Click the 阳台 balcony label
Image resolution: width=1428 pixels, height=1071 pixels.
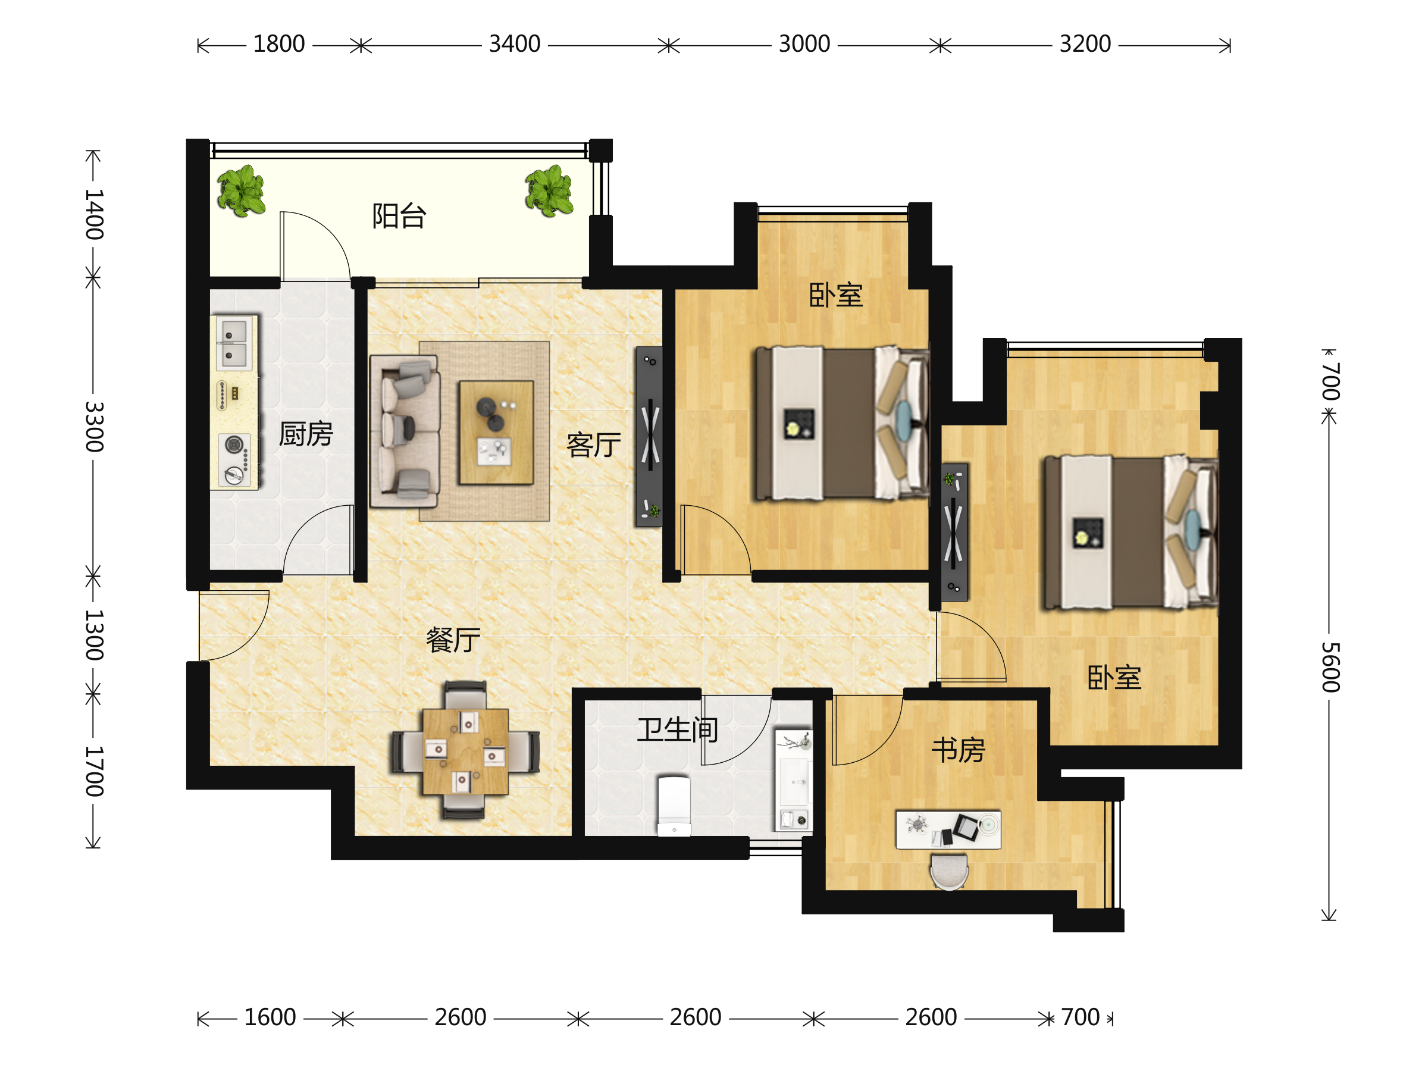point(399,216)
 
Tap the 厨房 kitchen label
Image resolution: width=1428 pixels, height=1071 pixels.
point(306,434)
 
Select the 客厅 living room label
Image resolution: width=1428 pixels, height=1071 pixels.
point(594,445)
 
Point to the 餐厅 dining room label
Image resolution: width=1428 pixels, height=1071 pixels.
point(453,640)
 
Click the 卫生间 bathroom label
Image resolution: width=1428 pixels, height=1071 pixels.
point(678,730)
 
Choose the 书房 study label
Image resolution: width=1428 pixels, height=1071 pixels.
point(959,750)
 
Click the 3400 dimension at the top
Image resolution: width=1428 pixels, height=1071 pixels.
point(515,44)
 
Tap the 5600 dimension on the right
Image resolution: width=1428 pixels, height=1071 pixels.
point(1330,667)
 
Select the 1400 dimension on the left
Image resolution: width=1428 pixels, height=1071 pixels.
point(94,214)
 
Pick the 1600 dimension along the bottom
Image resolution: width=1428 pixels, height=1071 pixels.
point(270,1017)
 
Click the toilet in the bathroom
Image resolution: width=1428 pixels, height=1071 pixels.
point(674,806)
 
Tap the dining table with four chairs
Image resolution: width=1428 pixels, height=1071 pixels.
point(465,750)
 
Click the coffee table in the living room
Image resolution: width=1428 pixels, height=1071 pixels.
point(496,433)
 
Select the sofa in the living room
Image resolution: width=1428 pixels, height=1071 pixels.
point(405,431)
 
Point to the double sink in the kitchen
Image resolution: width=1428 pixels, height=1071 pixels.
point(234,343)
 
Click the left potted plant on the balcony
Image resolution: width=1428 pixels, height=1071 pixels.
point(241,190)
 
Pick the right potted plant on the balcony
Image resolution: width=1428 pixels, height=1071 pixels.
point(549,190)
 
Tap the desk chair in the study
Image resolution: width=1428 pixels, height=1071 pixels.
point(948,872)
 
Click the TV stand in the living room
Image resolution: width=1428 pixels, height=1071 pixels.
point(649,436)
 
